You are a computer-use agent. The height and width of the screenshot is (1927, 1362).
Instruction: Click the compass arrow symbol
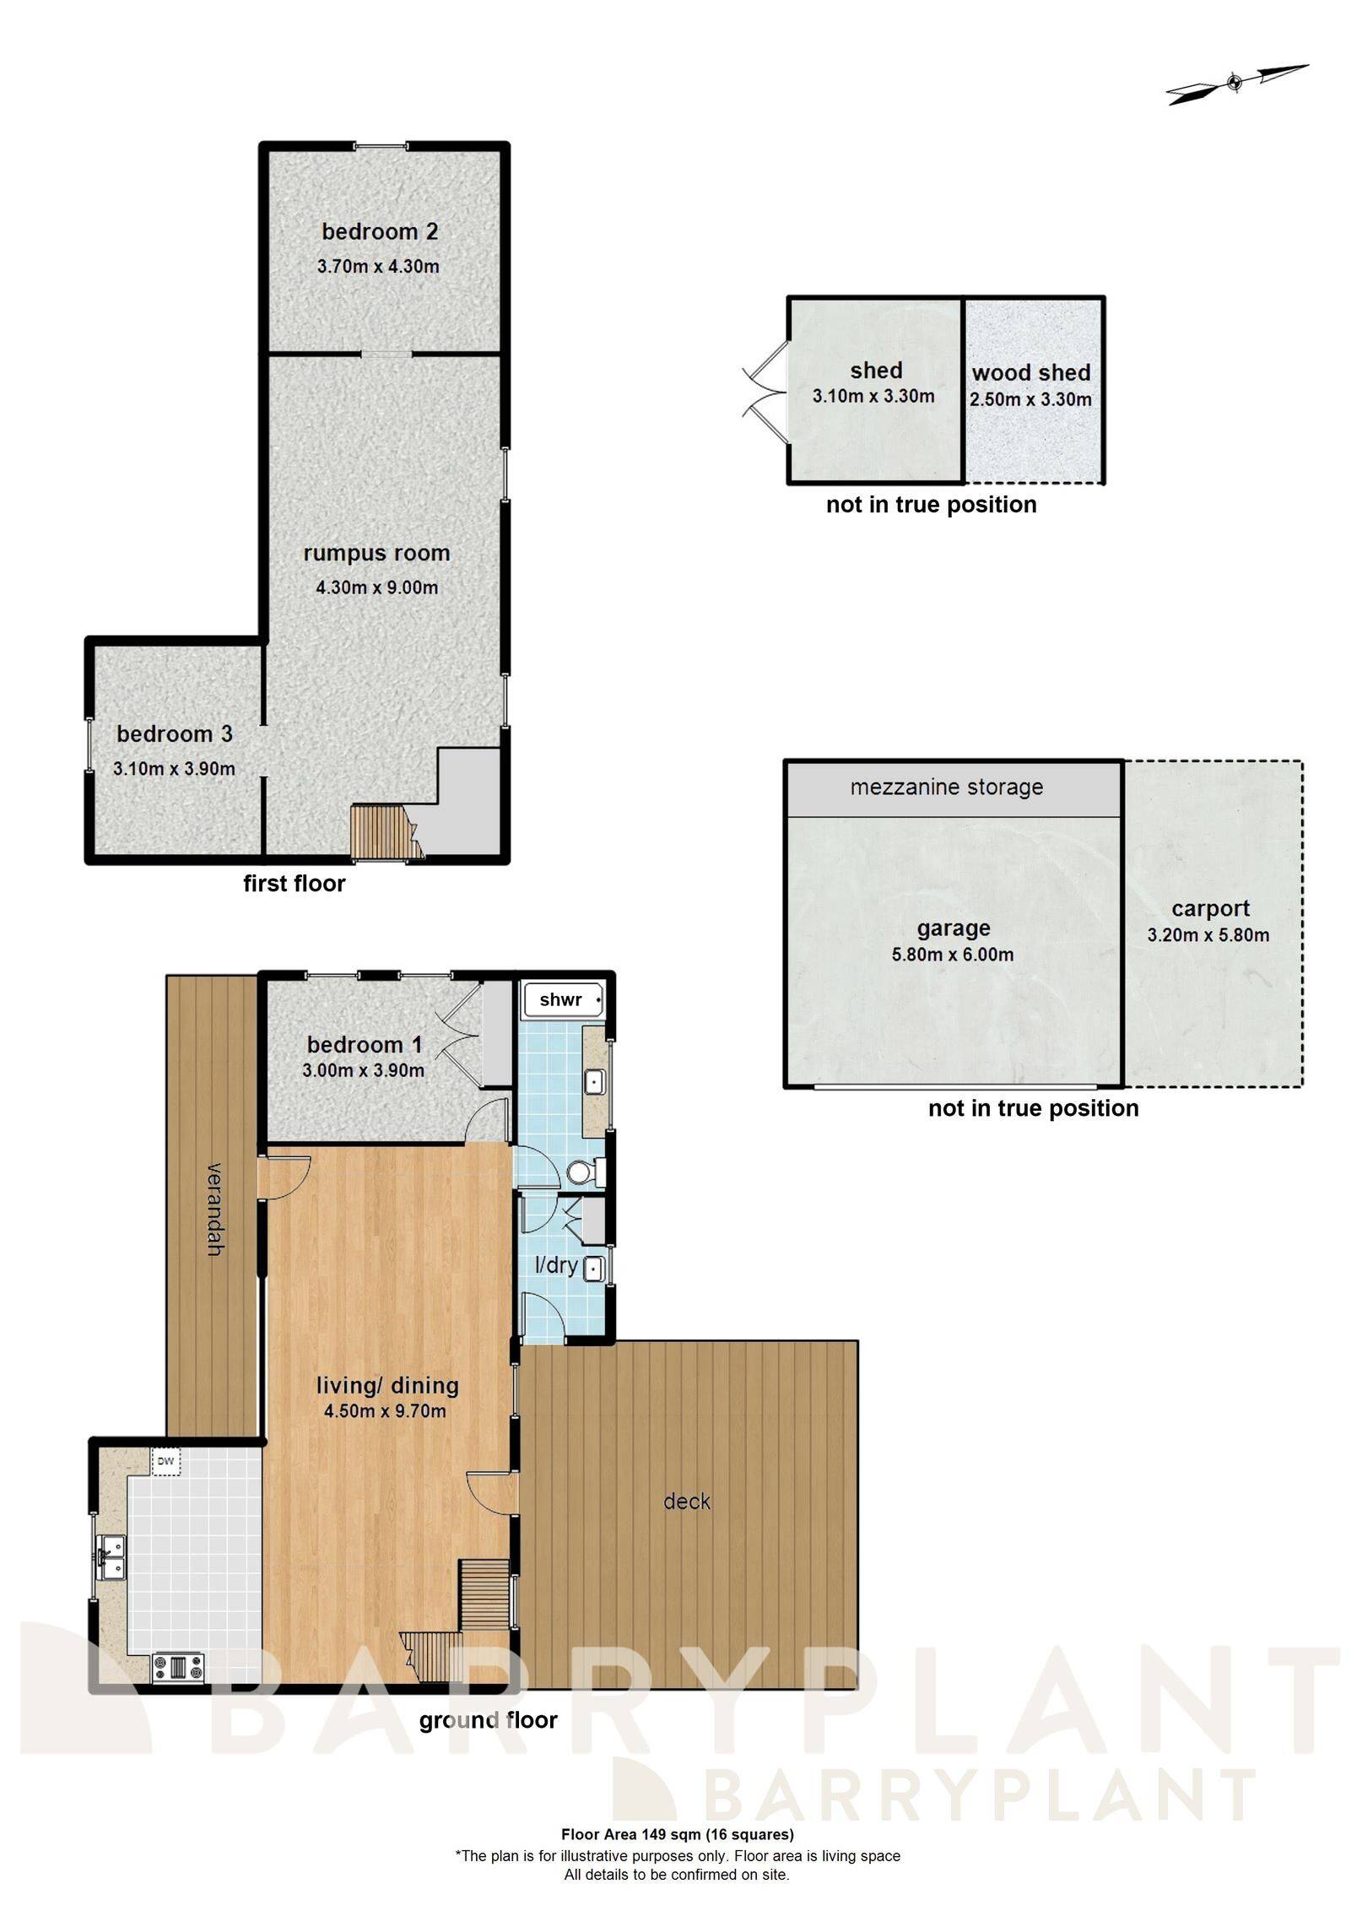(x=1235, y=83)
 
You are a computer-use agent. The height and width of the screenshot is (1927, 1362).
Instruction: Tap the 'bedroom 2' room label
(x=380, y=231)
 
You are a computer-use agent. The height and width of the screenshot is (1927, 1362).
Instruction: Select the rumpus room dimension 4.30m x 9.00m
(x=377, y=587)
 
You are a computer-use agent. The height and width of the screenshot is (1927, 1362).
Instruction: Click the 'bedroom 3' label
(x=175, y=734)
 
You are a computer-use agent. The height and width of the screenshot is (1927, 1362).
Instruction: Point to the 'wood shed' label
(x=1030, y=373)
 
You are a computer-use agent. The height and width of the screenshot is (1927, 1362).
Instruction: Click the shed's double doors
(x=764, y=393)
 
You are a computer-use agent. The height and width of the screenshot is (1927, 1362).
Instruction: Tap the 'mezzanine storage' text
(x=947, y=788)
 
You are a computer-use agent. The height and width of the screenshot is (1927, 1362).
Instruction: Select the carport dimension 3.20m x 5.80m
(x=1208, y=935)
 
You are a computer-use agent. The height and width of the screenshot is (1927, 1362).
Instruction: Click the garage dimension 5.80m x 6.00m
(x=953, y=955)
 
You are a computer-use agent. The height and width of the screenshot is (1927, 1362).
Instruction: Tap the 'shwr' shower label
(x=561, y=1000)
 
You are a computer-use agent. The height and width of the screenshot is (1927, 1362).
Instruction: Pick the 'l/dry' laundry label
(x=557, y=1265)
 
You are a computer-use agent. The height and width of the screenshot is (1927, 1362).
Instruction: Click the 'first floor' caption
(x=295, y=884)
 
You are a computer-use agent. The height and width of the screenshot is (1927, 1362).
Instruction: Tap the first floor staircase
(x=381, y=832)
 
